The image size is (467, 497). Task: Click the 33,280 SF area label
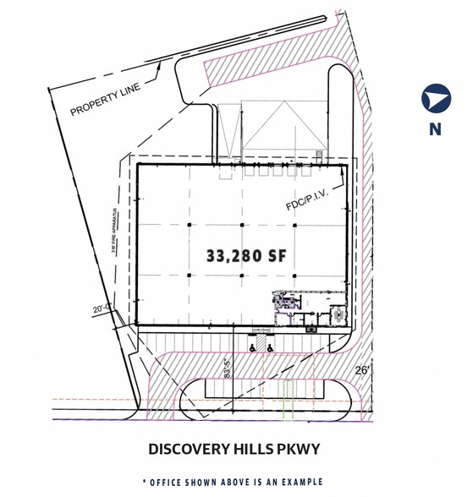(244, 254)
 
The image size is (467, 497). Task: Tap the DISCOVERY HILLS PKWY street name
(233, 449)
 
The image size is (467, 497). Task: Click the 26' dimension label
(362, 369)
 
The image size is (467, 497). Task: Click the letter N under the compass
(435, 129)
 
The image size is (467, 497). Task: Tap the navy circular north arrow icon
(436, 99)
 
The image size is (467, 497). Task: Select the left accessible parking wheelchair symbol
(251, 347)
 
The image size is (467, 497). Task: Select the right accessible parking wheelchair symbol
(269, 347)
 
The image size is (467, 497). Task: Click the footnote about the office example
(233, 481)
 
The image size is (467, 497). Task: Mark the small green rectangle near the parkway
(288, 399)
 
